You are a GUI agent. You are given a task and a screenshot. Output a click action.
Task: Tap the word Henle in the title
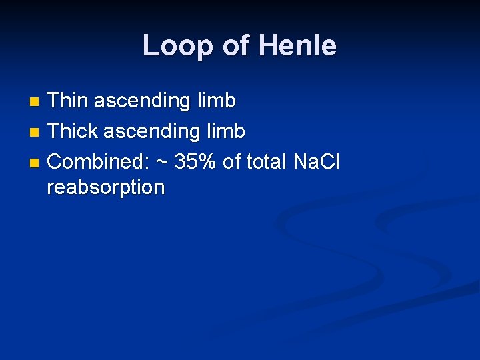pyautogui.click(x=297, y=46)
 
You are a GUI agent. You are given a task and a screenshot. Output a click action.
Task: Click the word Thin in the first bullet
pyautogui.click(x=68, y=101)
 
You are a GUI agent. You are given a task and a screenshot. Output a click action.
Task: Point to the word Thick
pyautogui.click(x=73, y=131)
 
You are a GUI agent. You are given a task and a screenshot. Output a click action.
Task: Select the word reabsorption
pyautogui.click(x=105, y=187)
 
